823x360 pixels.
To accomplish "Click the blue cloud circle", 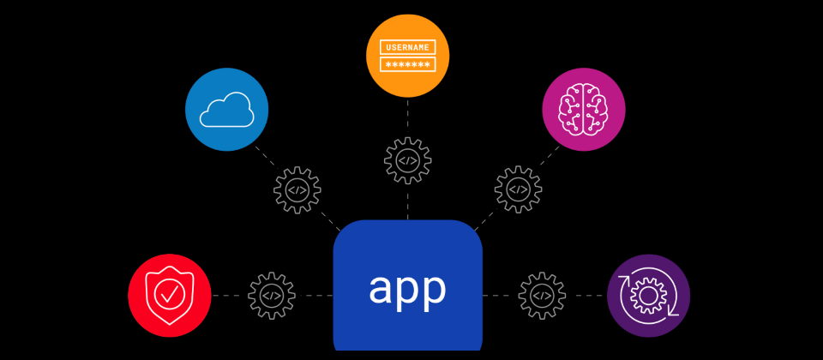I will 227,110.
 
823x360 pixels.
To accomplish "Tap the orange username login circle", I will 408,55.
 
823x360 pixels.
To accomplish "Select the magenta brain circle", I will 584,110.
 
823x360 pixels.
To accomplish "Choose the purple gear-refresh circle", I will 649,296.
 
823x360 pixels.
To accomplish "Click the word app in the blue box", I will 407,289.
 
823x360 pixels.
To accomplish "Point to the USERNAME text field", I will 408,46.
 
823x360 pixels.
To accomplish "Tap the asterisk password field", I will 408,64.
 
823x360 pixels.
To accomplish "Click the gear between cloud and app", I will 297,190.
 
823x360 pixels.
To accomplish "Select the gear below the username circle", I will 408,160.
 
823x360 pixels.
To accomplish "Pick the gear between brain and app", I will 518,190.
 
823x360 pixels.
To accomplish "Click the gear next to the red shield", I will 272,296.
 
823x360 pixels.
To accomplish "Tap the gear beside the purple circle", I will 542,296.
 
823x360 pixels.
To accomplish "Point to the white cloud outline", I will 227,111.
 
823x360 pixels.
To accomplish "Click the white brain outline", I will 584,110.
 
